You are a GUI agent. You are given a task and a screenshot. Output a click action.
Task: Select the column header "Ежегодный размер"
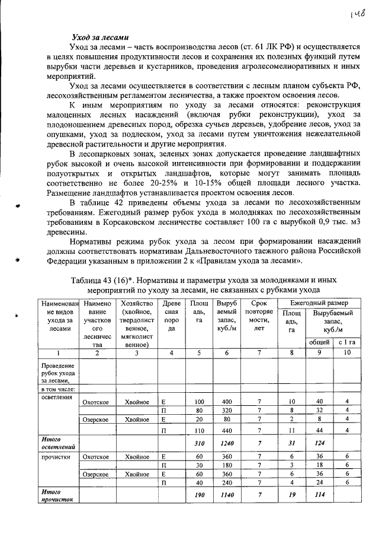coord(319,303)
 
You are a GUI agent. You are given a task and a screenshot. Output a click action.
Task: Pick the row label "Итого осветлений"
coord(56,442)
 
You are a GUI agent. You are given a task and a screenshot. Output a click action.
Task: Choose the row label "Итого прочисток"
coord(56,496)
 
